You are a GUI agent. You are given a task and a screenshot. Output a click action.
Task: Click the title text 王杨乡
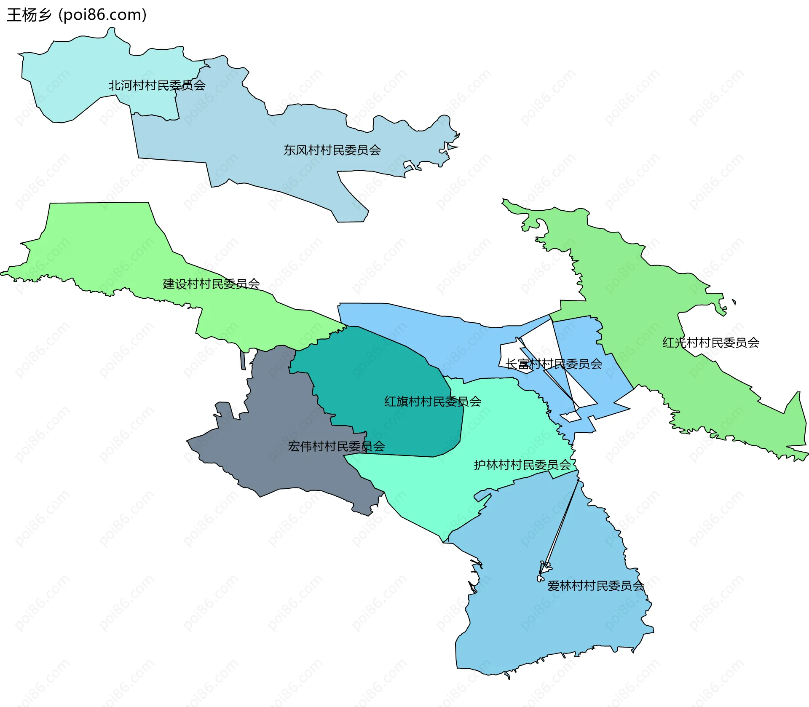point(29,15)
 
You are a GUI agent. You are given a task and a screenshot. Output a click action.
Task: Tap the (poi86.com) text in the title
point(102,15)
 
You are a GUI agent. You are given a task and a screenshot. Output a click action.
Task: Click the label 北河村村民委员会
point(157,86)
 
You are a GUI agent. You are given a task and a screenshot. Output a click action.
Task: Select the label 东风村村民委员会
point(332,150)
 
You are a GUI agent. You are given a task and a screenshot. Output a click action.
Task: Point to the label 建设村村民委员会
point(211,284)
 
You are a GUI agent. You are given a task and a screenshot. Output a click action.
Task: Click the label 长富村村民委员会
point(554,364)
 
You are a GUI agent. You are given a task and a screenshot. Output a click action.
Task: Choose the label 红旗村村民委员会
point(432,402)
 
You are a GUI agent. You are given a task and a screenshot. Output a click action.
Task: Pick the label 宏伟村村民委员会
point(336,446)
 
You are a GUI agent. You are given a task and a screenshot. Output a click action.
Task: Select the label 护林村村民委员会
point(522,465)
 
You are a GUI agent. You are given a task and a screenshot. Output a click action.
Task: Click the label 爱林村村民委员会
point(595,586)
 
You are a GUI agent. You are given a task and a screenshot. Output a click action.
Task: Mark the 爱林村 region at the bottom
point(548,624)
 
